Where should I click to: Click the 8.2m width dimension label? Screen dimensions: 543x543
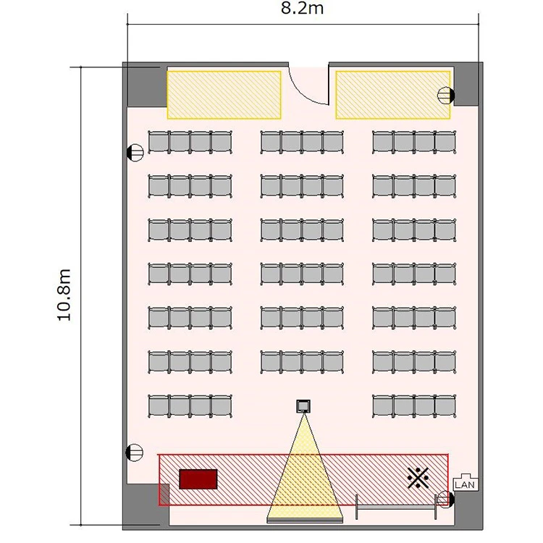302,8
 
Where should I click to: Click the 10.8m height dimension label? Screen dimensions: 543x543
64,295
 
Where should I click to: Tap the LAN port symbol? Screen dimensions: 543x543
466,481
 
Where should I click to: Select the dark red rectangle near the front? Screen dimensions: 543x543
198,479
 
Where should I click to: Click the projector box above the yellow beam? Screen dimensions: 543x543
303,406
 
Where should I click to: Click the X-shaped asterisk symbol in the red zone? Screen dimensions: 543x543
418,478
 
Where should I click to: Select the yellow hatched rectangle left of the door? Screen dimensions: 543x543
224,95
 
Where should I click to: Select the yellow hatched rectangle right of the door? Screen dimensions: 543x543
393,95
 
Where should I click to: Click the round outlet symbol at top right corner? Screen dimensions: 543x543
446,96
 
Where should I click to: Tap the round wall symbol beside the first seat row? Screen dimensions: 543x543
135,152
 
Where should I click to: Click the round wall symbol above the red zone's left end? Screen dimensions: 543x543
135,452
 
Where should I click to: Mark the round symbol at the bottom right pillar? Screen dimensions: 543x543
445,500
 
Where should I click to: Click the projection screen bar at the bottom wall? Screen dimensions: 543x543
305,521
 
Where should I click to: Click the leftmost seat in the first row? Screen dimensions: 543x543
159,142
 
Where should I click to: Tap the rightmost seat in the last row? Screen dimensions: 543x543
446,406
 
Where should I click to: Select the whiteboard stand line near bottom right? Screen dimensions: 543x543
396,508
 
